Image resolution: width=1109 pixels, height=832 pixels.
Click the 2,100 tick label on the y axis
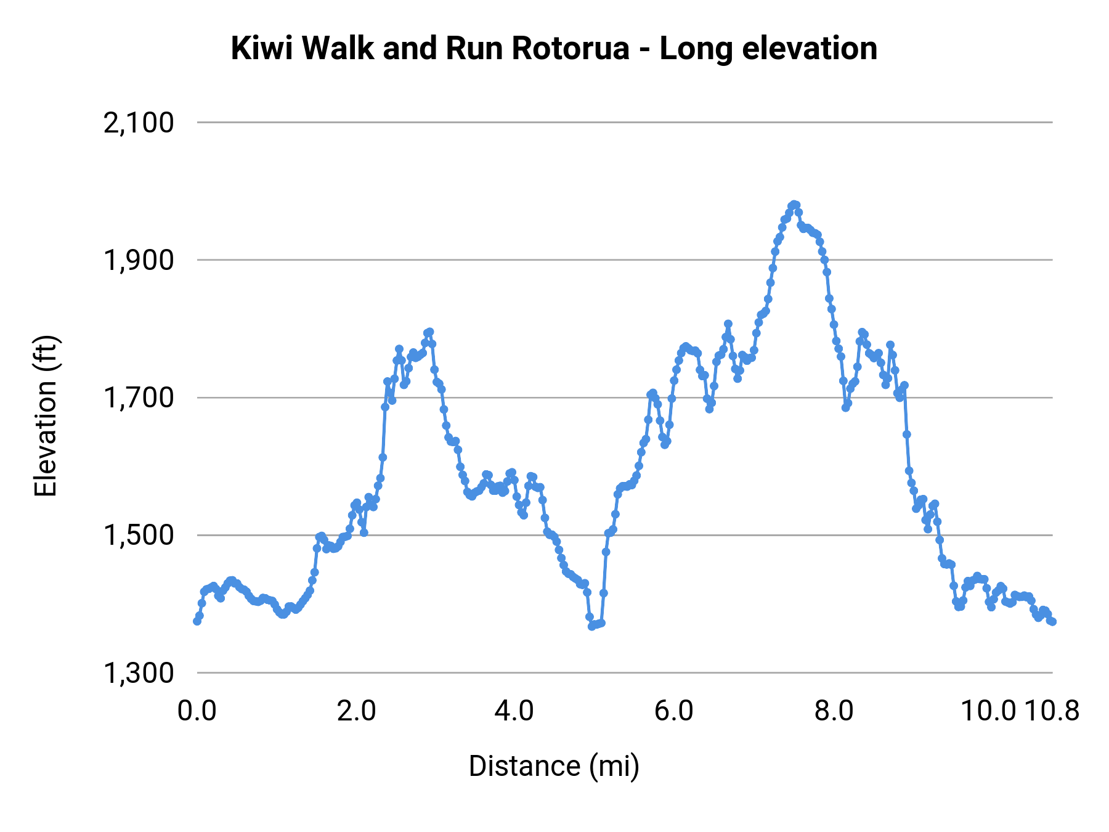(139, 123)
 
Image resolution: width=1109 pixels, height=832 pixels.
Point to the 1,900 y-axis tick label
(139, 261)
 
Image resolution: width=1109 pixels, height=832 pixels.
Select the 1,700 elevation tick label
(139, 398)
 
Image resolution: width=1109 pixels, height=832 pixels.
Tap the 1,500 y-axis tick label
(139, 536)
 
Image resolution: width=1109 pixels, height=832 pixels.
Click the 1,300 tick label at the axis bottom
(139, 673)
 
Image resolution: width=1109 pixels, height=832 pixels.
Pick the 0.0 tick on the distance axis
(197, 711)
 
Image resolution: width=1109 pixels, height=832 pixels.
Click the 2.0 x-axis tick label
(356, 711)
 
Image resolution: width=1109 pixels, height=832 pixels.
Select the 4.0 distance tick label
(514, 711)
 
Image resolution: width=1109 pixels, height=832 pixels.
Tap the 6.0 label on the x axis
(674, 711)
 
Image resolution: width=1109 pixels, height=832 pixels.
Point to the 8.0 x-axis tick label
(834, 711)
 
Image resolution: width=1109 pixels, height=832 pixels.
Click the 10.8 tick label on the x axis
(1052, 711)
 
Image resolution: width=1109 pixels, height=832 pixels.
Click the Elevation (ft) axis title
(46, 416)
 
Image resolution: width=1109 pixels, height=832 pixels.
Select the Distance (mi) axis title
(554, 766)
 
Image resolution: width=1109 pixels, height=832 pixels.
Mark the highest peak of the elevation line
(794, 205)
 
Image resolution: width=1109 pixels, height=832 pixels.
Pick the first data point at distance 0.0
(197, 621)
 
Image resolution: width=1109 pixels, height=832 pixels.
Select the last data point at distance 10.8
(1052, 622)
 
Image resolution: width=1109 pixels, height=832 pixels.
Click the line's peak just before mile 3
(429, 332)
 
